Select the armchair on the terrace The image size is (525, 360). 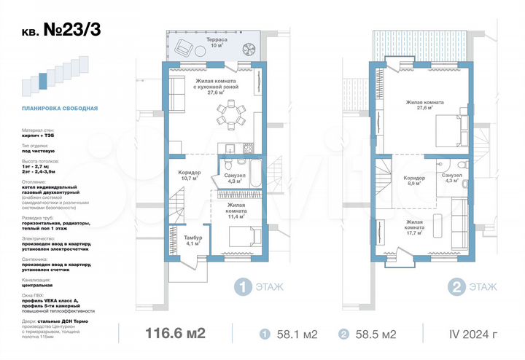[182, 50]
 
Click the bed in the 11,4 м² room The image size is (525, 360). [241, 238]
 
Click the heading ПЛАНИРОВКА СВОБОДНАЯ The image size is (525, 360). [59, 109]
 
